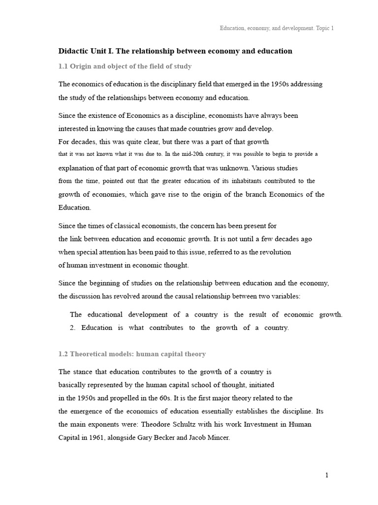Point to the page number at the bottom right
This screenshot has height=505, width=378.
pyautogui.click(x=326, y=475)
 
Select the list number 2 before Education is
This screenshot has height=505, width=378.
pyautogui.click(x=73, y=327)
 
